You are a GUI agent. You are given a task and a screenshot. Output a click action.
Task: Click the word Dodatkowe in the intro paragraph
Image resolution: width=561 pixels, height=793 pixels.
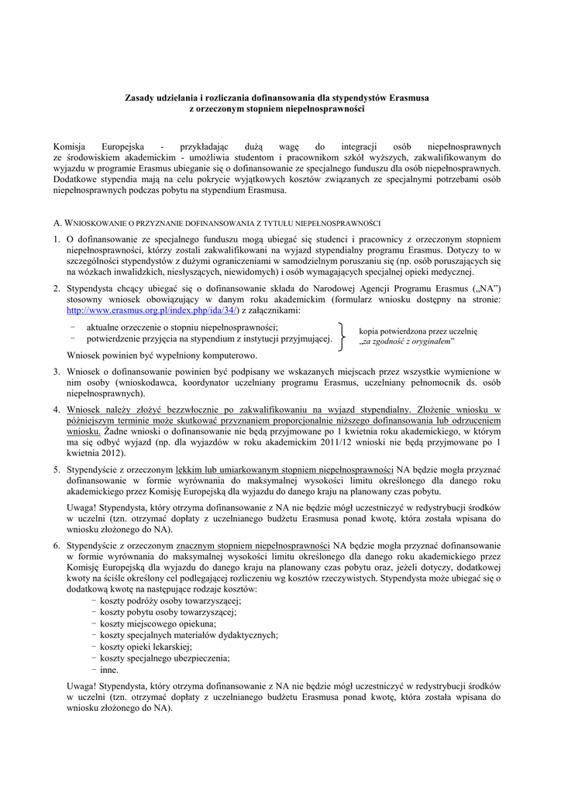pyautogui.click(x=74, y=179)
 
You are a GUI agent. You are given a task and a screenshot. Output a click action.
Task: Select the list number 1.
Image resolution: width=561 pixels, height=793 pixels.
pyautogui.click(x=57, y=240)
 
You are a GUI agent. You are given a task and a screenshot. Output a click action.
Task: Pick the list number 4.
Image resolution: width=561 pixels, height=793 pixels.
pyautogui.click(x=57, y=409)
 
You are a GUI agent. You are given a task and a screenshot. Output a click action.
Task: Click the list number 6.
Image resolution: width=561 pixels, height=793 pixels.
pyautogui.click(x=57, y=545)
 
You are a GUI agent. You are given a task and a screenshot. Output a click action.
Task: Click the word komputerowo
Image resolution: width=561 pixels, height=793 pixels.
pyautogui.click(x=222, y=355)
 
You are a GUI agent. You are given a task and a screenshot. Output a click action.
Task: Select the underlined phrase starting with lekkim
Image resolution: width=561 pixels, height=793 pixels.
pyautogui.click(x=285, y=469)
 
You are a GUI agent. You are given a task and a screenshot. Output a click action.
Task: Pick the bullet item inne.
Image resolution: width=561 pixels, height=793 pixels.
pyautogui.click(x=109, y=669)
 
